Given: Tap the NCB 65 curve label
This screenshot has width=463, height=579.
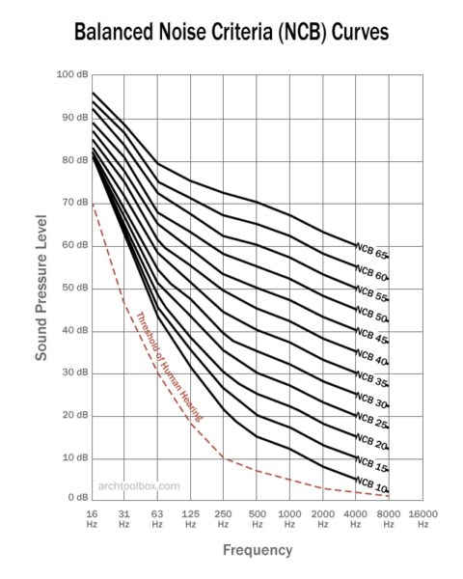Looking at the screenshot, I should click(x=371, y=253).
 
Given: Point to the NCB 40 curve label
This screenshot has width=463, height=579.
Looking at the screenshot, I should click(x=371, y=358).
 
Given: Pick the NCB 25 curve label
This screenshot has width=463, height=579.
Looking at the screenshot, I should click(x=371, y=422).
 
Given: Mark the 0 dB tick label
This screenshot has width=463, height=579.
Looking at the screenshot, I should click(x=74, y=496).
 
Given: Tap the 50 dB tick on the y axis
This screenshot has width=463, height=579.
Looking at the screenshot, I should click(x=73, y=288).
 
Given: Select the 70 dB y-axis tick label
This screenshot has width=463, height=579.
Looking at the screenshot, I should click(x=73, y=203).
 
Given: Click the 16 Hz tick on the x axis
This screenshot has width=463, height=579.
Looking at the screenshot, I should click(x=93, y=517).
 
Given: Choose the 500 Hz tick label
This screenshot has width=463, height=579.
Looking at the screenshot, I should click(x=257, y=517).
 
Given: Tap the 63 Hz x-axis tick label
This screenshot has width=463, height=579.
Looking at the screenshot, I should click(x=158, y=517).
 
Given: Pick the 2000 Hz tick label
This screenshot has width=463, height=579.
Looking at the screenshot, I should click(x=322, y=517).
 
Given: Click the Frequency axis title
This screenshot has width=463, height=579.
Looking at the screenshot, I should click(x=257, y=551).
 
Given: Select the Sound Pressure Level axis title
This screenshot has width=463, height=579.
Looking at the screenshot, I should click(x=42, y=288).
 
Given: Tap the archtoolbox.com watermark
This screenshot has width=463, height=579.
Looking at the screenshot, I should click(x=140, y=485).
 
